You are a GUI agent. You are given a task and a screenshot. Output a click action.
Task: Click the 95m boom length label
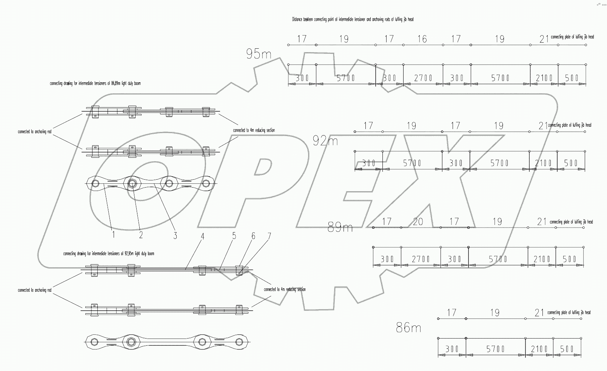pos(259,54)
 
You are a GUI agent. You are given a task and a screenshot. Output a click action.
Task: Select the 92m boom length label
pos(325,141)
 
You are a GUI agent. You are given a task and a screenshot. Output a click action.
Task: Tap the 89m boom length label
pos(340,228)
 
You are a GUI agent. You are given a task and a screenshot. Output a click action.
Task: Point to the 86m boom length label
pos(408,328)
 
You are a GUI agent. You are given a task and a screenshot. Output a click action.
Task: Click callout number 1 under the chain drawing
pos(113,235)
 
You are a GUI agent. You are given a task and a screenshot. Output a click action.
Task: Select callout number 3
pos(175,236)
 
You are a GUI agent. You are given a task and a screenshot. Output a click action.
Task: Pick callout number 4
pos(203,237)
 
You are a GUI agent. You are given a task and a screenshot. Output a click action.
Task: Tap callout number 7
pos(269,237)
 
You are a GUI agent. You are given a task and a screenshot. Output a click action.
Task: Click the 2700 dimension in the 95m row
pos(423,78)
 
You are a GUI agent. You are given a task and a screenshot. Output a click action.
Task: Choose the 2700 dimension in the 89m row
pos(421,259)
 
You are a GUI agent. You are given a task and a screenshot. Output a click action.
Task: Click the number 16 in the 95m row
pos(422,39)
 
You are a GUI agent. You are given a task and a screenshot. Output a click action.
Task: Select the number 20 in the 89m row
pos(418,222)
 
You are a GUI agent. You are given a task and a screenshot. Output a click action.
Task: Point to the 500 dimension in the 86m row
pos(567,349)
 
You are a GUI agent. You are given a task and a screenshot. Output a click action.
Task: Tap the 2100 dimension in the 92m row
pos(543,163)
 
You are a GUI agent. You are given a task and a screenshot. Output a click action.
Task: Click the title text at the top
pos(353,19)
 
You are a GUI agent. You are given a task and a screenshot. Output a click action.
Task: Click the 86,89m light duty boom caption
pos(95,83)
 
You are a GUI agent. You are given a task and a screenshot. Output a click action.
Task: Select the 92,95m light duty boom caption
pos(109,254)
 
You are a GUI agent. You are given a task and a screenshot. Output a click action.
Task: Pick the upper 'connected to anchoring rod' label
pos(35,132)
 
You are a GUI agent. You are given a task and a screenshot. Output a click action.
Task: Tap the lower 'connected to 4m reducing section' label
pos(285,289)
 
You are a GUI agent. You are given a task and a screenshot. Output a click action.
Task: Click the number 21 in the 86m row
pos(539,313)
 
